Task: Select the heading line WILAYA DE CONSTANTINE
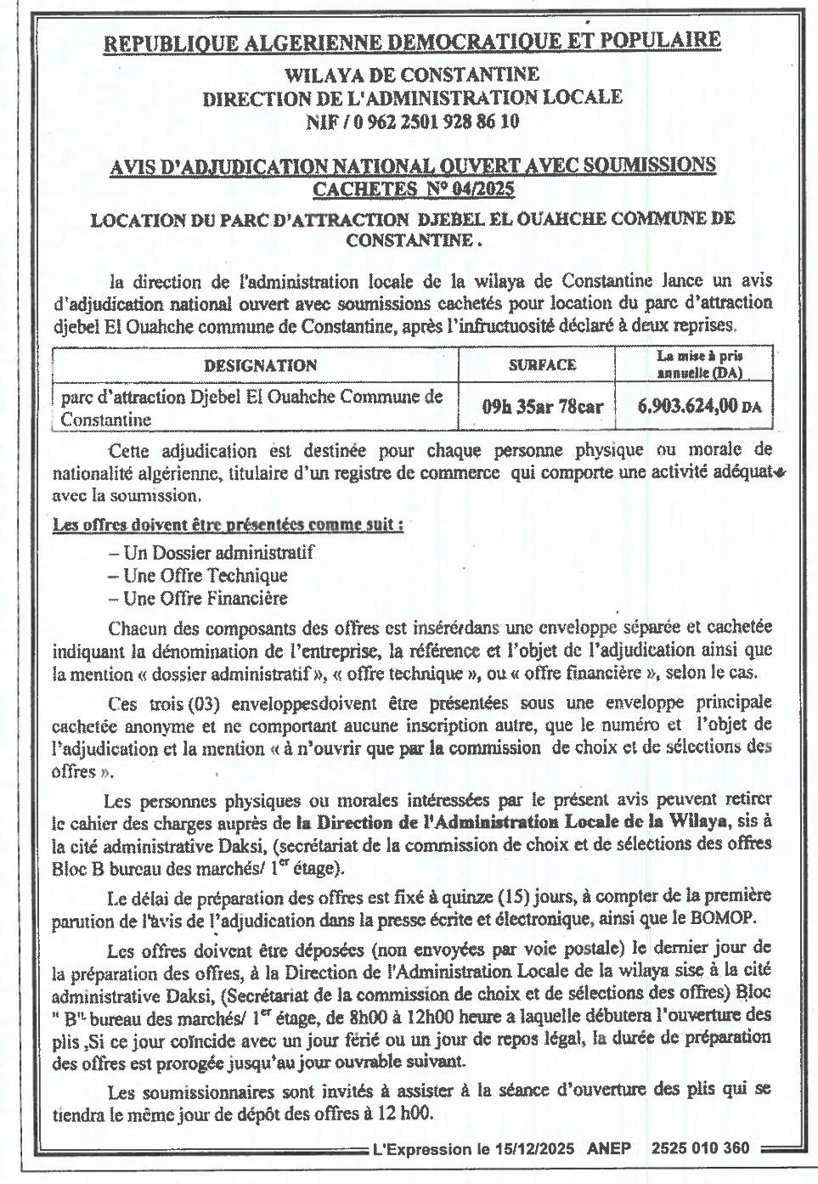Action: [412, 76]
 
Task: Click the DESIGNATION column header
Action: [260, 366]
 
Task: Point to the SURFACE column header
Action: [542, 365]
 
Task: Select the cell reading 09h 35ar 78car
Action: [542, 406]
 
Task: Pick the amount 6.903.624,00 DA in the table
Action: [699, 406]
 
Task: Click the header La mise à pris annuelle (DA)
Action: [700, 365]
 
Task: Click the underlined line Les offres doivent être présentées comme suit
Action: [228, 525]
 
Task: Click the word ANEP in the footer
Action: [609, 1148]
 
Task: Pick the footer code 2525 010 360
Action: [701, 1148]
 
